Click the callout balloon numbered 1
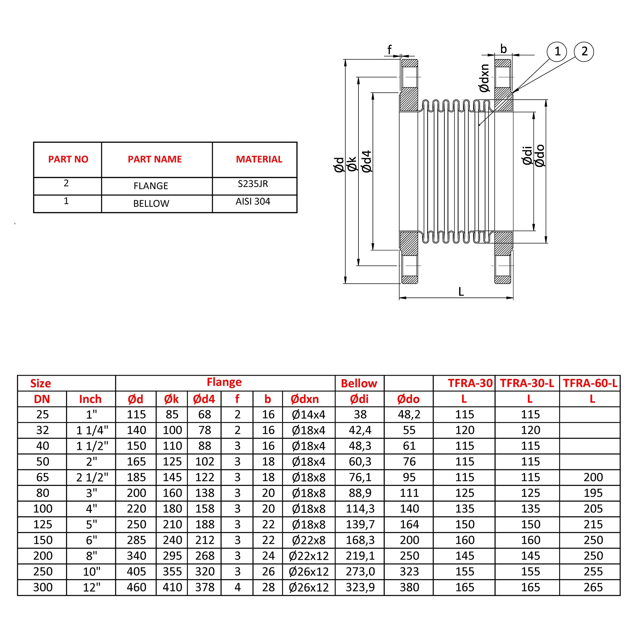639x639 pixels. click(x=557, y=51)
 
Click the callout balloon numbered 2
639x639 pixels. click(x=584, y=51)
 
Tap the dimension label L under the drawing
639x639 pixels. click(x=461, y=291)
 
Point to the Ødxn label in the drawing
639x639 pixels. click(x=484, y=78)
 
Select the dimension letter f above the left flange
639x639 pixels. click(x=389, y=50)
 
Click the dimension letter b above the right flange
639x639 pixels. click(x=504, y=49)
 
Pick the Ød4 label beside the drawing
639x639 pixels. click(x=367, y=161)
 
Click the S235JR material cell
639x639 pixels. click(x=253, y=184)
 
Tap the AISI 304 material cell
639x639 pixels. click(x=253, y=201)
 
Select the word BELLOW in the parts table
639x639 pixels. click(x=151, y=204)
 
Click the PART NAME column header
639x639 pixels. click(x=155, y=159)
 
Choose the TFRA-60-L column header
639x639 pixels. click(x=590, y=383)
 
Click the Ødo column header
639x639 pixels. click(x=408, y=399)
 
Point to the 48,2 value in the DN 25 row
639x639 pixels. click(x=409, y=414)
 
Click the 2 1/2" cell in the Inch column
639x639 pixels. click(x=92, y=477)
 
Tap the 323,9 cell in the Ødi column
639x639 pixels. click(x=360, y=588)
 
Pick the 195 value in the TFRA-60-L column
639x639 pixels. click(x=593, y=493)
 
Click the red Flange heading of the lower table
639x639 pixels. click(x=224, y=382)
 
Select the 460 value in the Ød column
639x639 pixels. click(x=136, y=588)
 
